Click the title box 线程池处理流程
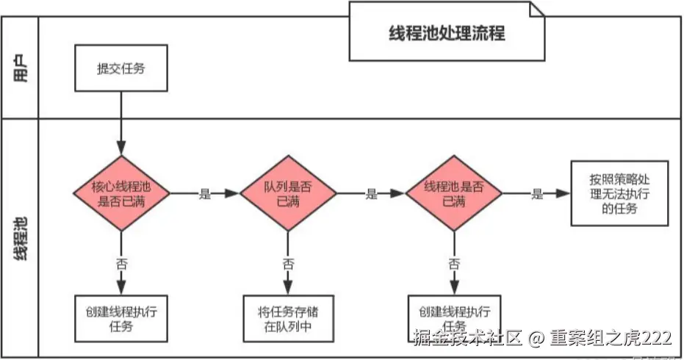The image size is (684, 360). [x=447, y=33]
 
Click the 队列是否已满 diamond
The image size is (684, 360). [x=289, y=193]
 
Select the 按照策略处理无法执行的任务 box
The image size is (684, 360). [x=619, y=193]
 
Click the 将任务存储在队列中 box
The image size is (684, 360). [x=289, y=318]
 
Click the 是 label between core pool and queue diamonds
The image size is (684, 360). [x=204, y=194]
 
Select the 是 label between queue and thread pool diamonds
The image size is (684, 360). [x=371, y=194]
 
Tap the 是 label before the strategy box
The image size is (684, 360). [x=537, y=194]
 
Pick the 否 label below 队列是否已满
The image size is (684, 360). [x=289, y=262]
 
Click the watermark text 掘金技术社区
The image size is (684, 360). [x=467, y=338]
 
